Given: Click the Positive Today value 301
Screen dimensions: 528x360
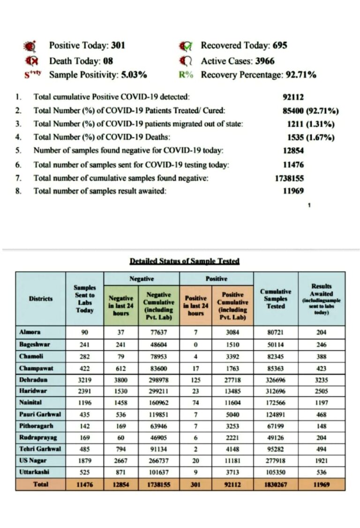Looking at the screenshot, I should pyautogui.click(x=118, y=45).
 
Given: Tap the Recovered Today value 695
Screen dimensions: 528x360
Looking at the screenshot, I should pyautogui.click(x=278, y=45).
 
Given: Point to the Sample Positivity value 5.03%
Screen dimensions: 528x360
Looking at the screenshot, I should pyautogui.click(x=133, y=75).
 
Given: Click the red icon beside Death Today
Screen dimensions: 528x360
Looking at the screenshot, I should pyautogui.click(x=30, y=61).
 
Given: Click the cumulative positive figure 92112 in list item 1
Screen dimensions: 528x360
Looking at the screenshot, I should pyautogui.click(x=293, y=97).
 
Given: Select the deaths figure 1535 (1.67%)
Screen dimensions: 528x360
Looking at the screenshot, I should pyautogui.click(x=310, y=137).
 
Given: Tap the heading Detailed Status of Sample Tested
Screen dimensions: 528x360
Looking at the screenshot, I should pyautogui.click(x=184, y=261).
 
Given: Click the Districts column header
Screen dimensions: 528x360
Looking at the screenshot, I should pyautogui.click(x=41, y=298).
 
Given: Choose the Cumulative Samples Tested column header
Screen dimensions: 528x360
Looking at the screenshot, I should pyautogui.click(x=275, y=298).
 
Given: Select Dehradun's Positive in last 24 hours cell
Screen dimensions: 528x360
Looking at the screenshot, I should pyautogui.click(x=195, y=379).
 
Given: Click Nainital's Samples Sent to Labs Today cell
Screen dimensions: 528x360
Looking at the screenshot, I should pyautogui.click(x=85, y=402).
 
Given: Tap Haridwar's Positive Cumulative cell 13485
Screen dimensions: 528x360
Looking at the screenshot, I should pyautogui.click(x=232, y=391).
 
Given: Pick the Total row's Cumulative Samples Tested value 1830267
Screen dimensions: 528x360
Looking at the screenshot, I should pyautogui.click(x=275, y=484).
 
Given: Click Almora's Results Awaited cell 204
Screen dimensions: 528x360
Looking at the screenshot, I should pyautogui.click(x=322, y=332).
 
